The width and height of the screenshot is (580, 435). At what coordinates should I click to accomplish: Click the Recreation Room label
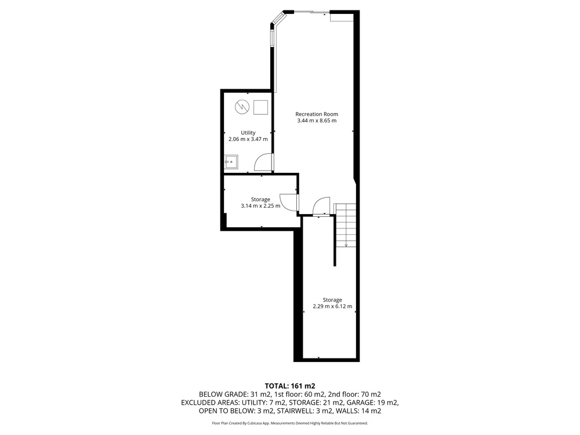coord(317,114)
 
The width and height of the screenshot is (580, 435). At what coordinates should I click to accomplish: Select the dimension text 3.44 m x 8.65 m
coord(317,121)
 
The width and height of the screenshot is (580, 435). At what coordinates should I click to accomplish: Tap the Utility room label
coord(248,133)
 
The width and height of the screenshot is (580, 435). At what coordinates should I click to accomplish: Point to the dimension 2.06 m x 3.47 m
coord(248,139)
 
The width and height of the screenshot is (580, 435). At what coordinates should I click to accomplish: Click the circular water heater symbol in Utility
coord(242,107)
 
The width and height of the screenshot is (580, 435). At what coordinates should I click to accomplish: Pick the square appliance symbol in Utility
coord(261,107)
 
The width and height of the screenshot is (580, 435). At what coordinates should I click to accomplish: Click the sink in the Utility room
coord(231,162)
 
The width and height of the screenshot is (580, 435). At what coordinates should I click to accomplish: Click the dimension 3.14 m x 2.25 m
coord(260,206)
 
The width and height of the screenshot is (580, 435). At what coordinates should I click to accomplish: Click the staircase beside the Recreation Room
coord(345,225)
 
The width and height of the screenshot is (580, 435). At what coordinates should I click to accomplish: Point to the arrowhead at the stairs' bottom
coord(346,245)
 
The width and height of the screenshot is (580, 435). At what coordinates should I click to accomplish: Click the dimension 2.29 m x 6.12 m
coord(332,306)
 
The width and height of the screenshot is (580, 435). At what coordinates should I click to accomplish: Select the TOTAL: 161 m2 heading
coord(290,386)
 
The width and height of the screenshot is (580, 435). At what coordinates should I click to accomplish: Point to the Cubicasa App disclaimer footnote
coord(290,423)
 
